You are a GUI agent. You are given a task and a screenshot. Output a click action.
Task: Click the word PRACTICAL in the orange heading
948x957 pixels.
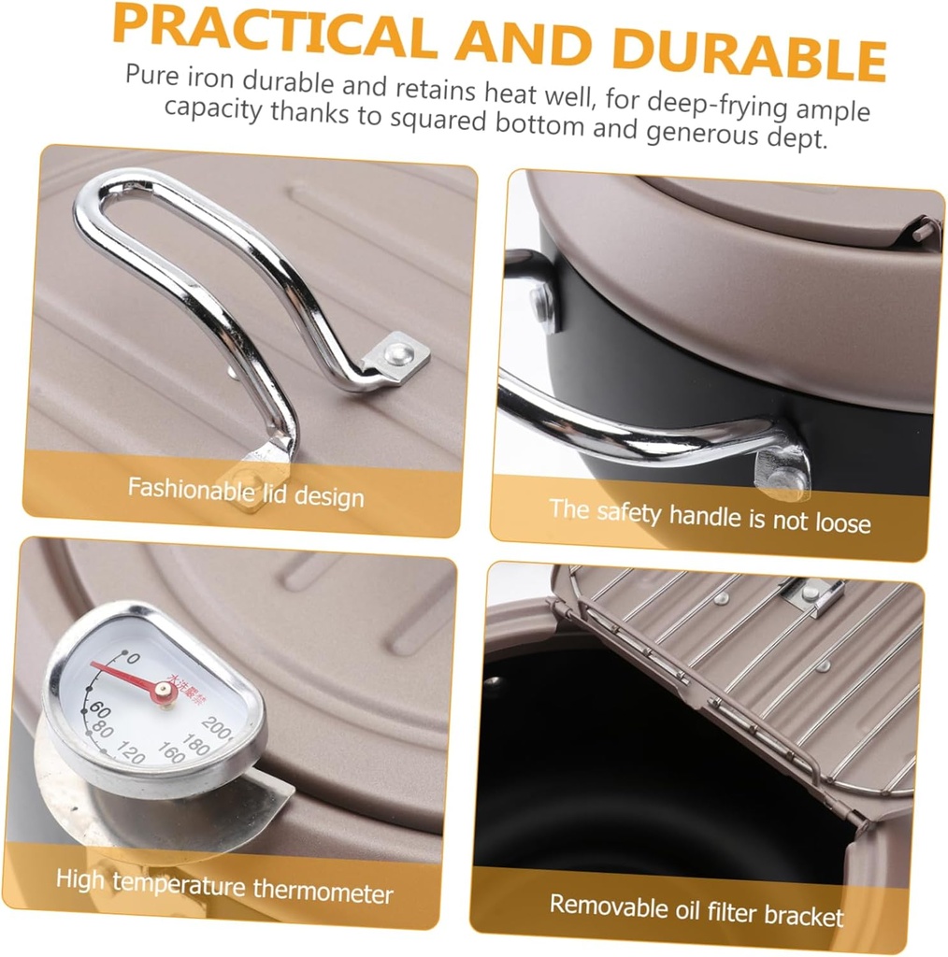point(274,33)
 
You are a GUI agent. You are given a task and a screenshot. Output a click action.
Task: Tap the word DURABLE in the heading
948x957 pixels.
point(749,53)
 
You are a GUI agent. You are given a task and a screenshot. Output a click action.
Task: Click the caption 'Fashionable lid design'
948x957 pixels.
point(246,492)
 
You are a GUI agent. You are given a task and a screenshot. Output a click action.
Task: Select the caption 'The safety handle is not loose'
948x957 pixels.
point(710,516)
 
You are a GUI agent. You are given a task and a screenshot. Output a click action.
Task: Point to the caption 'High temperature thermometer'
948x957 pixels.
point(224,886)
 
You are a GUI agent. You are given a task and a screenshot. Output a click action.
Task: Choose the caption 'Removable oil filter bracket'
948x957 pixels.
point(697,910)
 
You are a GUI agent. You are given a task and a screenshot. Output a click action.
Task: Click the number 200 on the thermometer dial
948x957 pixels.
point(216,727)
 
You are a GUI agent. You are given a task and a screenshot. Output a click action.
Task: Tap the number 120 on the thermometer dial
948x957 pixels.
point(130,752)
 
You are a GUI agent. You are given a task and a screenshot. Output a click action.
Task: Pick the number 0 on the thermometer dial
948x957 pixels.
point(132,658)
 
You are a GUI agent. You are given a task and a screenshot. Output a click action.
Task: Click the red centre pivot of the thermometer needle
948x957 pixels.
point(163,691)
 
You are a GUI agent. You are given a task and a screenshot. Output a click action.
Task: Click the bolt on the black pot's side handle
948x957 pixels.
point(540,300)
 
